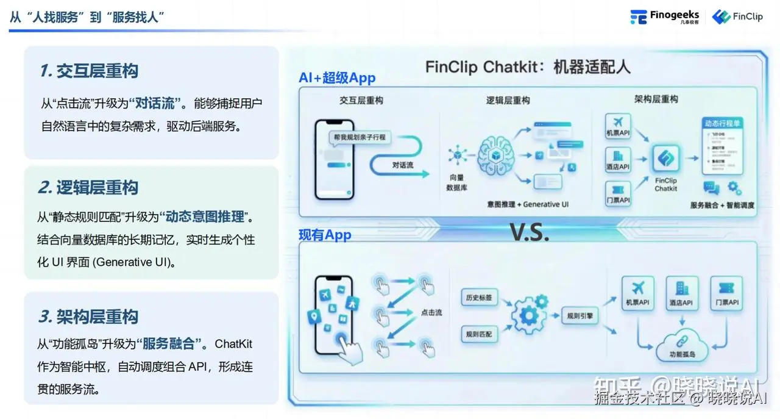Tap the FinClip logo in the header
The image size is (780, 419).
tap(738, 16)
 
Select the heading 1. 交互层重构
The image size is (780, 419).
tap(89, 71)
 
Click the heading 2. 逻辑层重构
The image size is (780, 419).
tap(89, 188)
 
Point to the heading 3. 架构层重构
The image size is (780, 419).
tap(89, 317)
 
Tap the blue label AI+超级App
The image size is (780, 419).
tap(337, 78)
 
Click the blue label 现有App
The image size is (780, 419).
tap(325, 235)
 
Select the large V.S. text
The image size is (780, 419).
tap(529, 232)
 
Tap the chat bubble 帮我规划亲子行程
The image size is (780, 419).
tap(359, 137)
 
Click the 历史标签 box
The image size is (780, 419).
tap(478, 298)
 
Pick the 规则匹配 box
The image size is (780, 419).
tap(478, 334)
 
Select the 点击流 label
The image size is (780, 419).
tap(431, 312)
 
